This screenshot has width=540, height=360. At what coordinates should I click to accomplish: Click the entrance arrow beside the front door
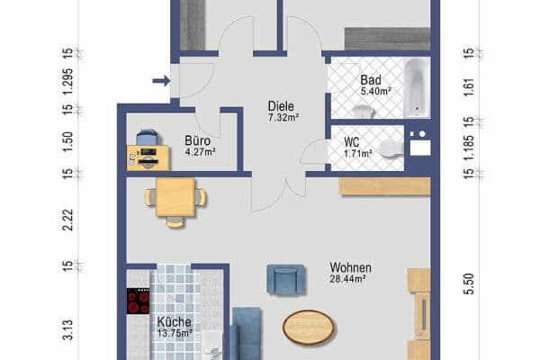click(x=161, y=81)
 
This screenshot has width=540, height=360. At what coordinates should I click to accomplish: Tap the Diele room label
click(x=281, y=106)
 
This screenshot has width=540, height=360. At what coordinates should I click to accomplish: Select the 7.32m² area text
click(x=283, y=118)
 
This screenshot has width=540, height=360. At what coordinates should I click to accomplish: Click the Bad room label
click(x=371, y=80)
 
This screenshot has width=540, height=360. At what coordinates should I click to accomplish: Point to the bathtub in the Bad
click(x=417, y=87)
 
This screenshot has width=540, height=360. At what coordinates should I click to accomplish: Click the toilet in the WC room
click(x=391, y=148)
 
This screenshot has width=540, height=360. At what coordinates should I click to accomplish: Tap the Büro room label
click(x=197, y=140)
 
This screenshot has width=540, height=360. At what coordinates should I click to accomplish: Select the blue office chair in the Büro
click(x=147, y=137)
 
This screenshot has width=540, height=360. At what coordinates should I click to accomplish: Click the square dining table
click(x=175, y=197)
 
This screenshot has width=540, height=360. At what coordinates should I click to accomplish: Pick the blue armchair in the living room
click(x=285, y=280)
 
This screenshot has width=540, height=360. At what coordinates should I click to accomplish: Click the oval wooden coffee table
click(x=308, y=327)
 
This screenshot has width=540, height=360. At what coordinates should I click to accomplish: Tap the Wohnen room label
click(x=351, y=267)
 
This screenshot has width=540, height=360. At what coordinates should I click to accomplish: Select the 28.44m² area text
click(x=347, y=279)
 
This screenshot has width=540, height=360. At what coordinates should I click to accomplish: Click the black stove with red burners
click(x=138, y=301)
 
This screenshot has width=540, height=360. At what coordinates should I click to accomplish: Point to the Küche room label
click(x=174, y=322)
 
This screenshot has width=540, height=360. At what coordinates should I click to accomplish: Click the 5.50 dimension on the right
click(x=469, y=283)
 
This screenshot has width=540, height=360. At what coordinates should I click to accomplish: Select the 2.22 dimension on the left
click(x=68, y=220)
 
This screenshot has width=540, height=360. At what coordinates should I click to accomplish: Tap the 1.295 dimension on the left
click(x=67, y=85)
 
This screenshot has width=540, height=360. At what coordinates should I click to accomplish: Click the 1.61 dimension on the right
click(x=469, y=88)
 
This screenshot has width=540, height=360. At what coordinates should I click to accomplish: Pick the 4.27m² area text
click(x=201, y=152)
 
